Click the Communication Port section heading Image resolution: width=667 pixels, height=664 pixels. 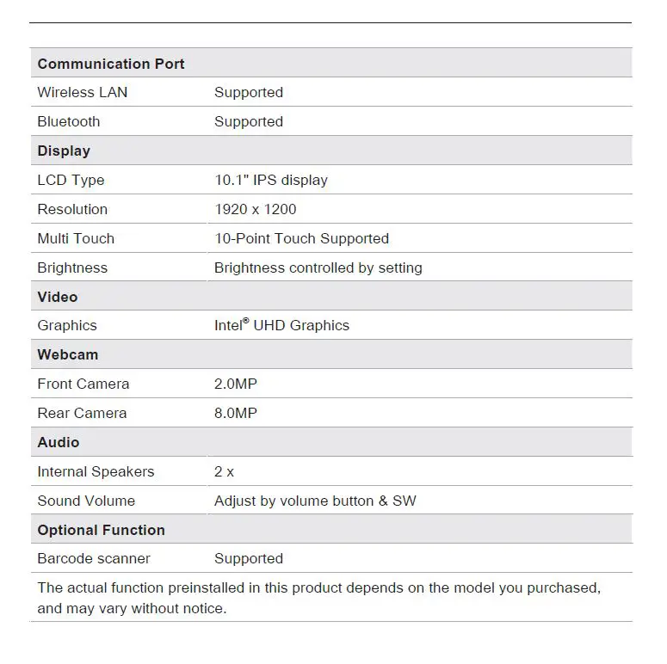(111, 64)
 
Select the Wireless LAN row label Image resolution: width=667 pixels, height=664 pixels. (83, 92)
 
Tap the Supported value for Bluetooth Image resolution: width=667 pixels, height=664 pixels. (249, 121)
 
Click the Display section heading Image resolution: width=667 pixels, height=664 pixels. (64, 151)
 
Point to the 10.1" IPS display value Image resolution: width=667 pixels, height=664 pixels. (271, 180)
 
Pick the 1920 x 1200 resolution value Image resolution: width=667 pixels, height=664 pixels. (256, 209)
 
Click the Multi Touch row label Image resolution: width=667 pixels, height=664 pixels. (76, 238)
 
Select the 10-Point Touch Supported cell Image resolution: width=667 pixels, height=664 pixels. (301, 238)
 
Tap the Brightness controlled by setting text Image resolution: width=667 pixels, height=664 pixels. (318, 267)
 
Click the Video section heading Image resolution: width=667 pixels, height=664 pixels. (58, 297)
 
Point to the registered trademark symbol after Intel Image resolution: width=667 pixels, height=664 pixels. (245, 321)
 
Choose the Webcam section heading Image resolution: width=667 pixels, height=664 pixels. (68, 354)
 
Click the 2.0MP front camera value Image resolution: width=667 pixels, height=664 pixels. (236, 384)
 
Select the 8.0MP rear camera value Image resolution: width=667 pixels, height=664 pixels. (236, 413)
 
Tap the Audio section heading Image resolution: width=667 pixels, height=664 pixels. (59, 442)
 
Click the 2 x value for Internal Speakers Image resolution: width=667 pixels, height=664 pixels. (224, 471)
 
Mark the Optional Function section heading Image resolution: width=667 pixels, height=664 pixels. (102, 530)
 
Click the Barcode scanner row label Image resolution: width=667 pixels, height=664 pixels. (94, 558)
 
